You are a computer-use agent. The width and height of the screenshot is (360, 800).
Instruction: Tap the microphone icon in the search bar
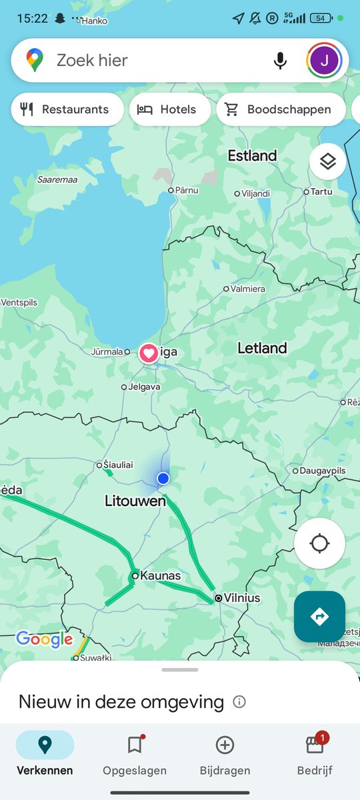pos(280,61)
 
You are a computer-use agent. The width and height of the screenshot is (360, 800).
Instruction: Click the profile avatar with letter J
pos(325,61)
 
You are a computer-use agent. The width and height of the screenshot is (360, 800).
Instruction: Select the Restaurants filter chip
pos(67,109)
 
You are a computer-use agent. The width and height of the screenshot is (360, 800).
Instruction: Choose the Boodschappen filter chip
pos(281,109)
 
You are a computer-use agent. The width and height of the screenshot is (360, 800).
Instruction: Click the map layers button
pos(327,161)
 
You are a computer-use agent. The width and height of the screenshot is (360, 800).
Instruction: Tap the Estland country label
pos(252,156)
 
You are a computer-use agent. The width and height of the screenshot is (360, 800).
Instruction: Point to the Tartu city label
pos(321,192)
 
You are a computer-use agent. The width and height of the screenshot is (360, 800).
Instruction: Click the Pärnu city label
pos(187,190)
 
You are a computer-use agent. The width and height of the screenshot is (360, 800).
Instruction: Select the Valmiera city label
pos(247,289)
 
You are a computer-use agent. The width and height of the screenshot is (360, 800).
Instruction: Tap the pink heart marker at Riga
pos(149,353)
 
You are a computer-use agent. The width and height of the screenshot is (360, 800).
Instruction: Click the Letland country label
pos(262,348)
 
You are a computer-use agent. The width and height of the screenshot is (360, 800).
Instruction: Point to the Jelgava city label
pos(144,387)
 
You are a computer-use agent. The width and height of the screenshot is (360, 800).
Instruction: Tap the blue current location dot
pos(163,478)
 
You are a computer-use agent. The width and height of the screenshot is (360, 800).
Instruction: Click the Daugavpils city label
pos(323,471)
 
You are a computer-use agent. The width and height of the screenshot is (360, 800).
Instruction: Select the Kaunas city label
pos(161,576)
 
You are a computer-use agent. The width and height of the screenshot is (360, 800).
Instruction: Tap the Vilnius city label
pos(241,598)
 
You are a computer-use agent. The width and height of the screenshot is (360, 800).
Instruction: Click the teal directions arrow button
pos(319,617)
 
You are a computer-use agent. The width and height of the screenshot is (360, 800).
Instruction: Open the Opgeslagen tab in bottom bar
pos(135,756)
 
